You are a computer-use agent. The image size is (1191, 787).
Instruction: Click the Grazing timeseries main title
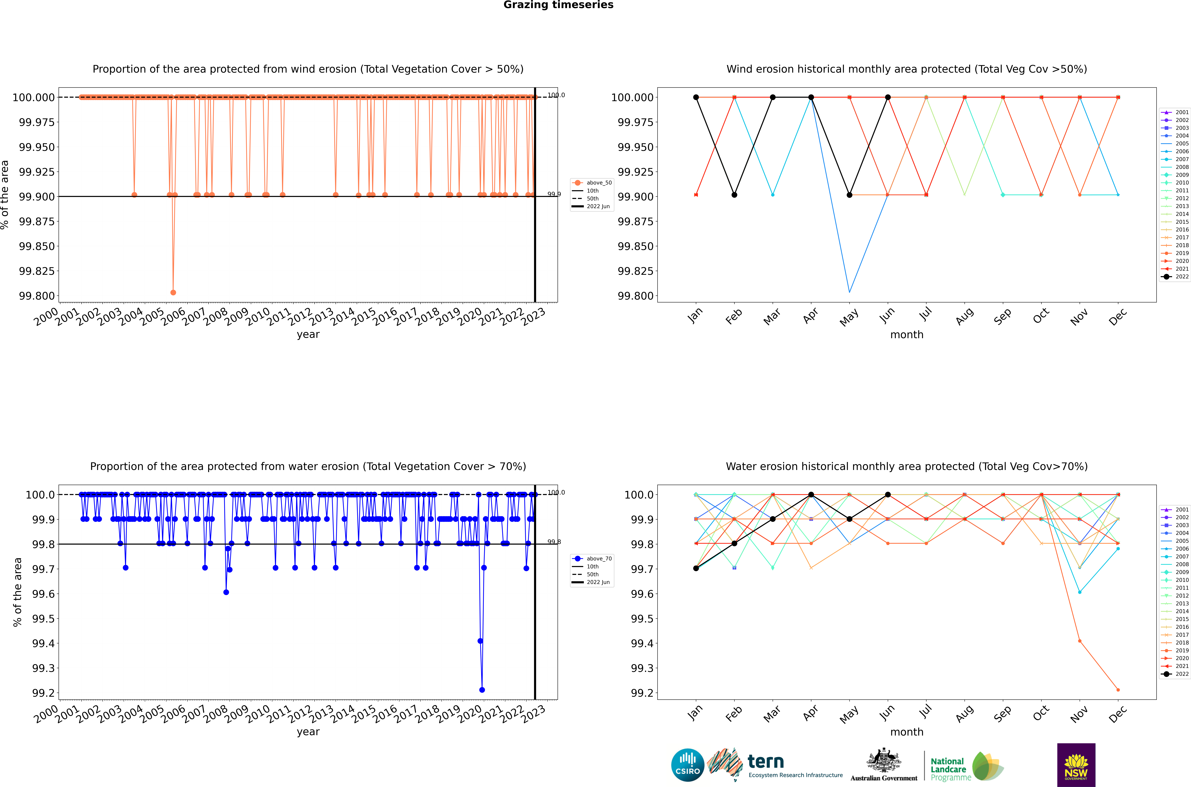click(558, 5)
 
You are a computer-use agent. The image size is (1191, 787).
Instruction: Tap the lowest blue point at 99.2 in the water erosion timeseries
click(482, 690)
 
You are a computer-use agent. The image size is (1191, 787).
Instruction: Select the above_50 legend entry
click(592, 183)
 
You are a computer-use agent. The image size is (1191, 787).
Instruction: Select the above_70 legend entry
click(592, 559)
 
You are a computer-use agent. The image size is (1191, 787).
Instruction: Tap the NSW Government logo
click(1076, 765)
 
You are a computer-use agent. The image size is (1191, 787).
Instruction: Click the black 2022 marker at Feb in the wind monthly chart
click(734, 195)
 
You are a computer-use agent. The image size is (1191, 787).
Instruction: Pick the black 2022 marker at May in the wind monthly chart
click(849, 195)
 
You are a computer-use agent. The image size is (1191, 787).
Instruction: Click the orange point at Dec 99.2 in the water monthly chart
click(1118, 690)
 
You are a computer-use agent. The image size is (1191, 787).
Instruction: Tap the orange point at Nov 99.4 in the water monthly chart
click(1080, 641)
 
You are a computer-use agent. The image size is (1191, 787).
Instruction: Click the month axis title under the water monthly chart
click(906, 732)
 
